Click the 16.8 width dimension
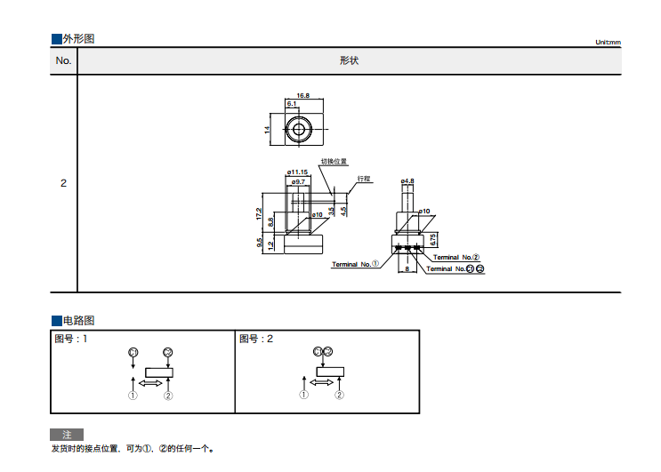coord(303,95)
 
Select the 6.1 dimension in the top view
coord(292,104)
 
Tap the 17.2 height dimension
coord(259,213)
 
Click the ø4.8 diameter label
coord(407,180)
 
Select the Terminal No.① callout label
coord(355,264)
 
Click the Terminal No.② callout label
coord(456,257)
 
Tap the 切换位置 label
coord(335,162)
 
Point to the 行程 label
coord(363,178)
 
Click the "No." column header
coord(63,60)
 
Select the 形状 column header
coord(349,60)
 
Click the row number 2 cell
coord(63,183)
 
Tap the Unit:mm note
coord(608,43)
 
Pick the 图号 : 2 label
coord(256,339)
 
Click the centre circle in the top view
coord(297,130)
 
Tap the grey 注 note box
coord(66,435)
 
